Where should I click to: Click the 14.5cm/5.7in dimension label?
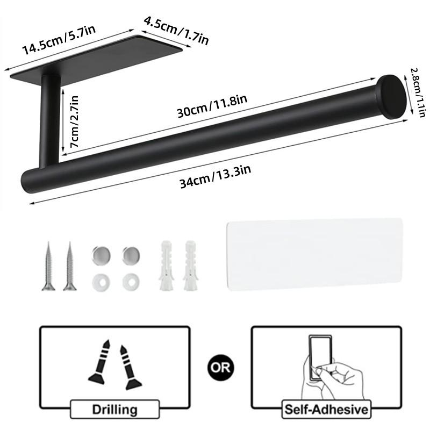click(x=59, y=41)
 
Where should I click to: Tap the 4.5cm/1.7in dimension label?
click(x=176, y=30)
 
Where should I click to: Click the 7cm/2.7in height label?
click(x=70, y=123)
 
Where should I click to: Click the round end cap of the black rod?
click(x=391, y=97)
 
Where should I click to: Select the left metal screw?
click(x=48, y=266)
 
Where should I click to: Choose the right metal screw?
click(x=69, y=266)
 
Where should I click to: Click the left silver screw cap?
click(x=99, y=253)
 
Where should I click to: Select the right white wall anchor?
click(x=189, y=266)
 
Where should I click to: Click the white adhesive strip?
click(x=314, y=253)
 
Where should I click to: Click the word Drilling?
click(x=114, y=410)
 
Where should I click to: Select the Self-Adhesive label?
click(x=327, y=410)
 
